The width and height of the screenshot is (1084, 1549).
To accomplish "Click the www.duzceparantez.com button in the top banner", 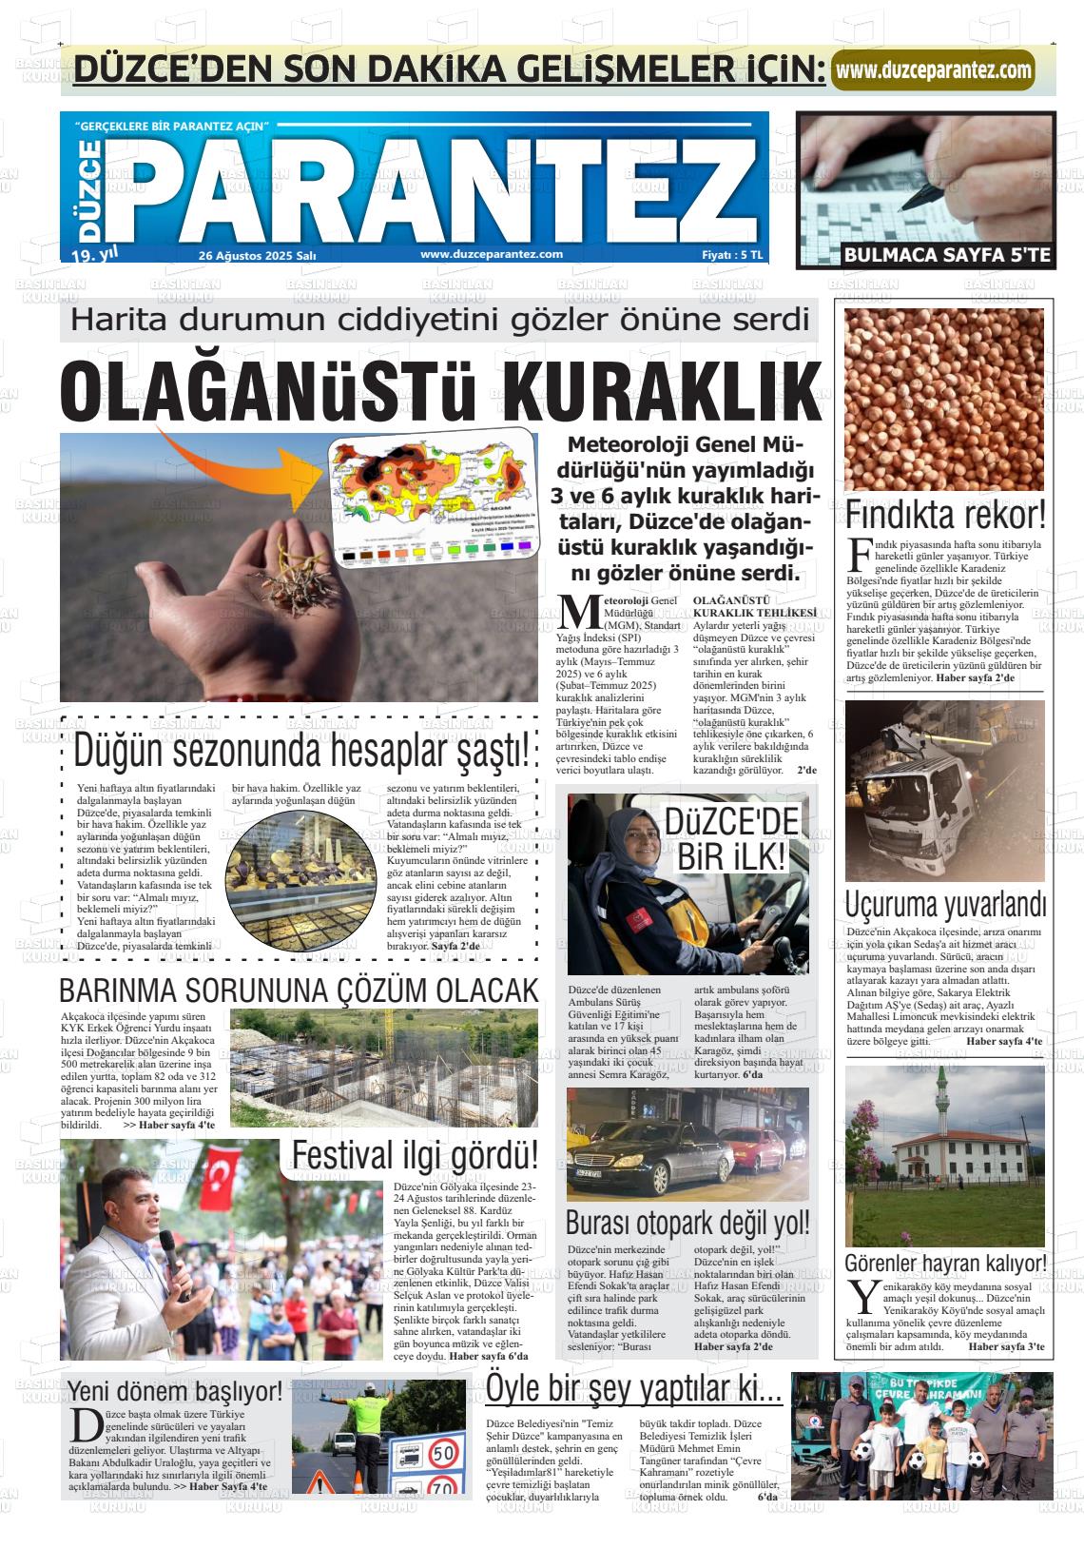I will coord(933,70).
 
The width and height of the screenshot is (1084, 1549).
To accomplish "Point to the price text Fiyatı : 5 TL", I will coord(731,255).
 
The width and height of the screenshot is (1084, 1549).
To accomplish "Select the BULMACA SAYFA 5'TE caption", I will coord(947,255).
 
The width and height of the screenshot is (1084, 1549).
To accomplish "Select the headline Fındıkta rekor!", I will coord(945,517).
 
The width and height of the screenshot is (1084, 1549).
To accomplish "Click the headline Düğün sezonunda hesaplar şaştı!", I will coord(300,752).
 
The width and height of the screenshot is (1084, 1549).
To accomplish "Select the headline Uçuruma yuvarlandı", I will coord(945,903).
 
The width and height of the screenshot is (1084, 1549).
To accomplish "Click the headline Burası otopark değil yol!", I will coord(687,1222).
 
